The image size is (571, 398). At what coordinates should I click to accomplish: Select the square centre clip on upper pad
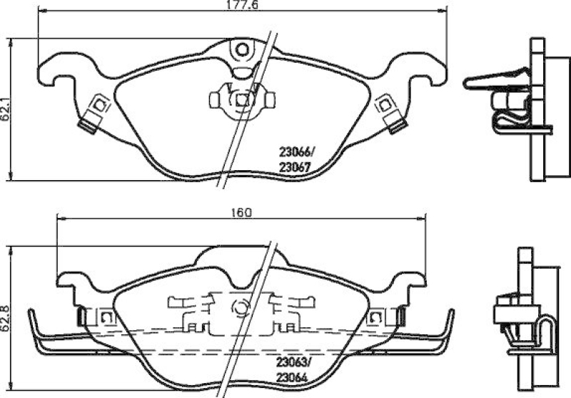coord(242,100)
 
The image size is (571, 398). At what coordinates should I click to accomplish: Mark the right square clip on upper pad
coord(386,105)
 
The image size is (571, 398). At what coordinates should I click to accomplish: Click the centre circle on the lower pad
coord(240,309)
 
